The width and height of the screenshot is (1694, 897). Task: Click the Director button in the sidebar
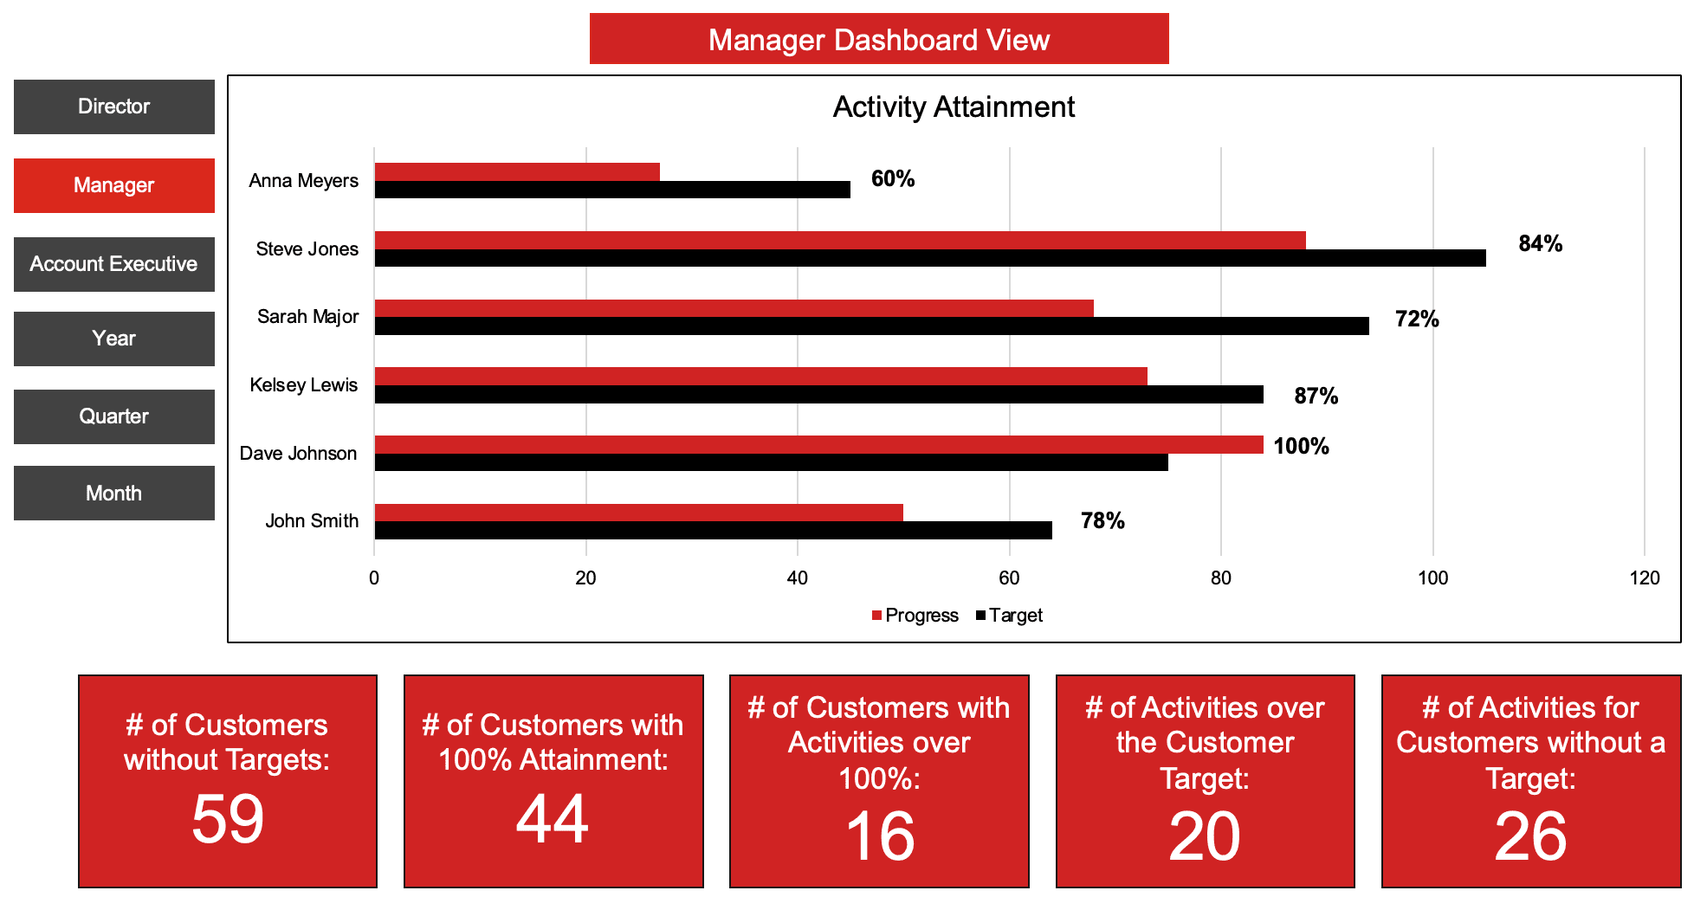[x=113, y=106]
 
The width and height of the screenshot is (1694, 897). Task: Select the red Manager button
[x=113, y=185]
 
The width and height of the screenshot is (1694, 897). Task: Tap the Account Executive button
[x=113, y=264]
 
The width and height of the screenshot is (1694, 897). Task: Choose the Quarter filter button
[x=113, y=416]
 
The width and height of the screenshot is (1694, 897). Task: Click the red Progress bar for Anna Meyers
[x=516, y=171]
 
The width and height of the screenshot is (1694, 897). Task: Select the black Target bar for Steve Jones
[x=929, y=258]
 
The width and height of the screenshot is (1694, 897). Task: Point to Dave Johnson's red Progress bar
[x=818, y=444]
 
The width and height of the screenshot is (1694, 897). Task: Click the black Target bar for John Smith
[x=713, y=530]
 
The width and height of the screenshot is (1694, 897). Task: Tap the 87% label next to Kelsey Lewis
[x=1316, y=396]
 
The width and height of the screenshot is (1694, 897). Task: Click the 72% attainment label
[x=1416, y=319]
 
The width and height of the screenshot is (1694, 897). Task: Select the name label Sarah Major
[x=307, y=317]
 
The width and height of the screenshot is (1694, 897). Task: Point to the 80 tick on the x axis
[x=1220, y=578]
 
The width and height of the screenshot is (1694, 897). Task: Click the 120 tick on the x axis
[x=1644, y=578]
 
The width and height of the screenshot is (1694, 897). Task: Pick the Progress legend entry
[x=915, y=616]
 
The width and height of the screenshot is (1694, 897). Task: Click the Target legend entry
[x=1010, y=616]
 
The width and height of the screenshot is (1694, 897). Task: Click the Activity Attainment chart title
[x=953, y=107]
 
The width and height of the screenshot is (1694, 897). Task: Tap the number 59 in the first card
[x=227, y=818]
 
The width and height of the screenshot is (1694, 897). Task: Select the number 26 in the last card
[x=1530, y=836]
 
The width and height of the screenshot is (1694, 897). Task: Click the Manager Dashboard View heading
[x=878, y=40]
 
